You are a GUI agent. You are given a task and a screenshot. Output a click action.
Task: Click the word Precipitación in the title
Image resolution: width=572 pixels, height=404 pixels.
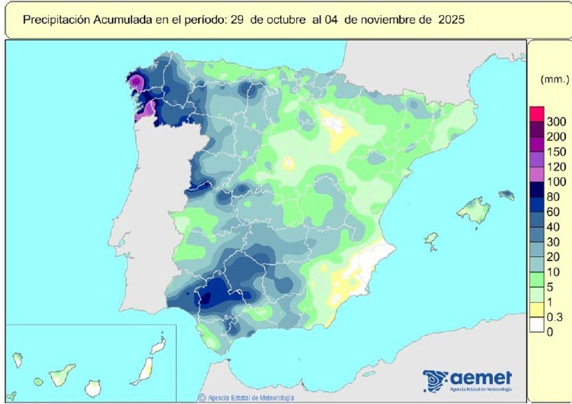[56, 20]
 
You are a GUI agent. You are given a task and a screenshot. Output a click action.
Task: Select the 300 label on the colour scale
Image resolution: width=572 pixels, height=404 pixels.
[556, 122]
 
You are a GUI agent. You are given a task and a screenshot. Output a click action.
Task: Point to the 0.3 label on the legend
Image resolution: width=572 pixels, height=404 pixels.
[554, 317]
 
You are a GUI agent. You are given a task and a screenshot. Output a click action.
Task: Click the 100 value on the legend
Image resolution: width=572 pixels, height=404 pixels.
[556, 182]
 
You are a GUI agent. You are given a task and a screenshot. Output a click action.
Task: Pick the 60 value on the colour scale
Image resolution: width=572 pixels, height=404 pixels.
[553, 212]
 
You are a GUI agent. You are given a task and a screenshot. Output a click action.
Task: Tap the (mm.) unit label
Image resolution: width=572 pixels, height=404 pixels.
[554, 79]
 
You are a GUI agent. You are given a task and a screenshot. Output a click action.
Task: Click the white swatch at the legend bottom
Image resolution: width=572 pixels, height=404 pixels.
[537, 325]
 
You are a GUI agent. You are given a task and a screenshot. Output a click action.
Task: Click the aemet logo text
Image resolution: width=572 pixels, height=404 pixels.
[481, 377]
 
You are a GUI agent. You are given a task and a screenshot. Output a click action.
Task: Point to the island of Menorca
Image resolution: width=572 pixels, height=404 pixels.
[507, 195]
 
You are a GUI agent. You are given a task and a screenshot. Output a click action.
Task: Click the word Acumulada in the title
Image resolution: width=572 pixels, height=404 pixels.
[123, 20]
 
